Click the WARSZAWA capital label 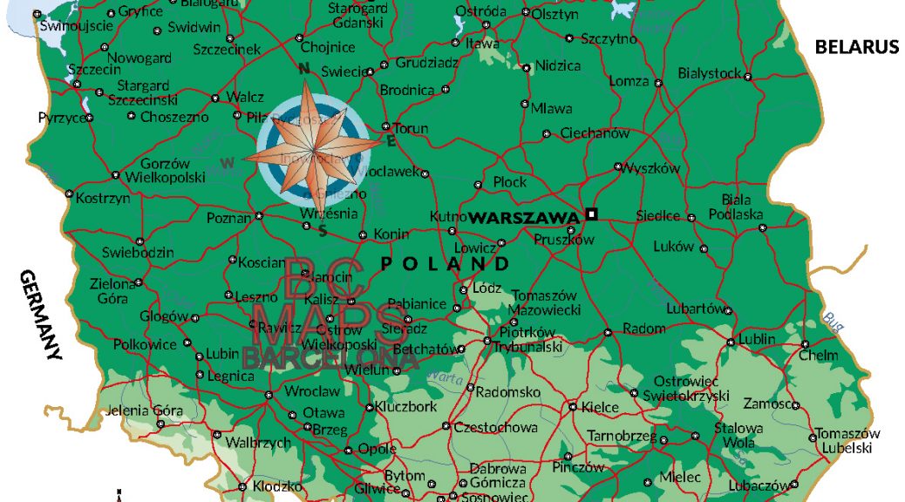pos(523,217)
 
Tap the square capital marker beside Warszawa pos(592,214)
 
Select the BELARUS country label pos(856,47)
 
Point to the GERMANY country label pos(40,315)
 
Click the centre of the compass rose pos(314,147)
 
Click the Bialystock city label pos(710,73)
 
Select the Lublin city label pos(756,339)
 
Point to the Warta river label pos(446,378)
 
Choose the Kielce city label pos(600,407)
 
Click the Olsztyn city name pos(555,14)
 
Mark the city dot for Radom pos(608,332)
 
